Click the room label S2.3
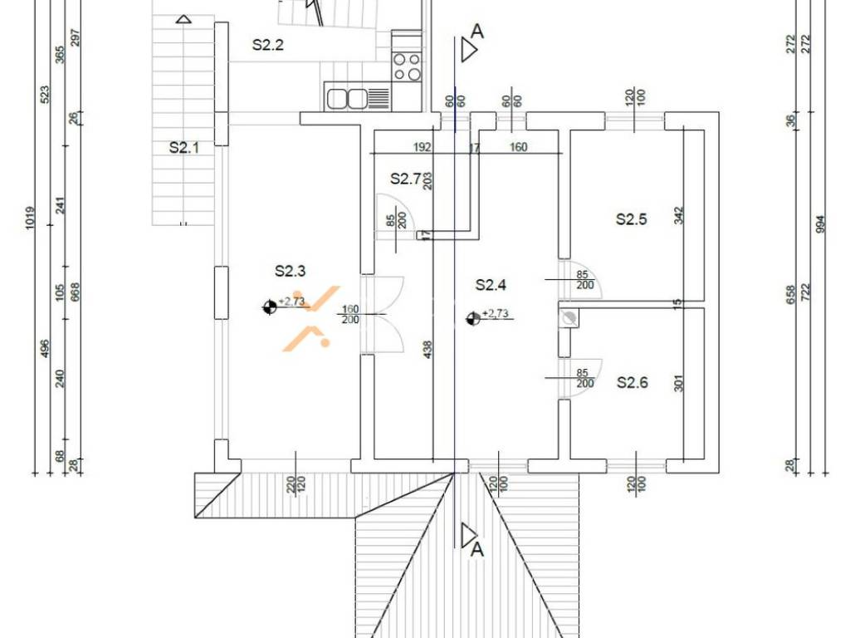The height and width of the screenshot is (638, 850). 290,271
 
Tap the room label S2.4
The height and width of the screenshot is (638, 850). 491,285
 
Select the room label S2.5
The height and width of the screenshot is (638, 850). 632,219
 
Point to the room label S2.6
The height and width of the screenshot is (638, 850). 633,383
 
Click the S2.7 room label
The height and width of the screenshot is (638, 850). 405,179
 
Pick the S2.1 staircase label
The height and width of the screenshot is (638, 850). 184,148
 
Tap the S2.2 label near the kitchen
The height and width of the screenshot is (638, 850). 268,45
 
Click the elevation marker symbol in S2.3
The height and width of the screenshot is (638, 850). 270,307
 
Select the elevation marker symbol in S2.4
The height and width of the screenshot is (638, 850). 472,319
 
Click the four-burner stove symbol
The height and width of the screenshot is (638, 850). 407,66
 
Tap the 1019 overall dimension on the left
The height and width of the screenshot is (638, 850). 31,218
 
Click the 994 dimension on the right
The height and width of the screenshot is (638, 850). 820,224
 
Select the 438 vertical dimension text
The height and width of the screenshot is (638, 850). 427,350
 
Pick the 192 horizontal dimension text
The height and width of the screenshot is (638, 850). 423,147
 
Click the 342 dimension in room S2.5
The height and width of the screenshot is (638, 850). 680,215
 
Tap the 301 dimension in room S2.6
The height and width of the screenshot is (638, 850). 680,383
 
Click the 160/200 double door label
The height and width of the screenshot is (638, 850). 351,315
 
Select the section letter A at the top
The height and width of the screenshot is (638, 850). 477,32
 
